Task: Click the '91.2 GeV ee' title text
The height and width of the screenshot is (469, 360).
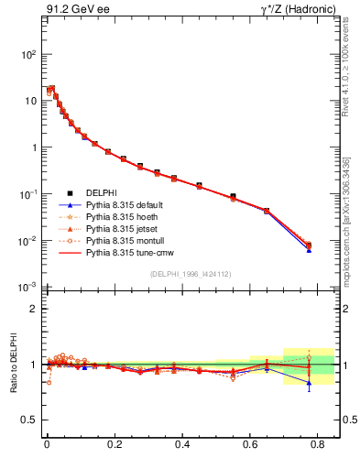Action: pos(75,10)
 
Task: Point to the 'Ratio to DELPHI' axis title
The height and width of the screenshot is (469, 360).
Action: pos(13,364)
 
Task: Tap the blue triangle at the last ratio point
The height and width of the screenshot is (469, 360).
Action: pos(309,384)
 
